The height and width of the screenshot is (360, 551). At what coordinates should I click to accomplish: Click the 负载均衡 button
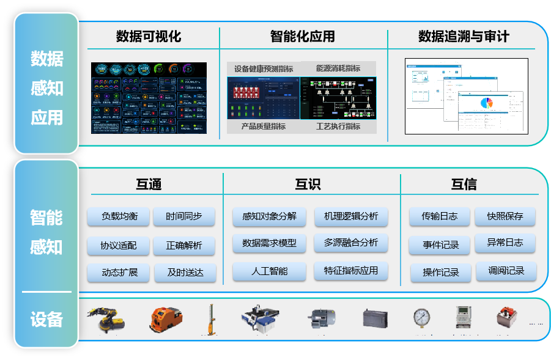120,216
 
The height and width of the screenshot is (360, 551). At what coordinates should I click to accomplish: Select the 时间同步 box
184,216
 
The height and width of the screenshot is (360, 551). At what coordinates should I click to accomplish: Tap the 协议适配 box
120,246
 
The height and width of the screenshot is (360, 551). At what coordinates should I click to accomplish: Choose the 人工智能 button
269,270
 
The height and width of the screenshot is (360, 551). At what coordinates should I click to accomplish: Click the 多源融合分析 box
351,243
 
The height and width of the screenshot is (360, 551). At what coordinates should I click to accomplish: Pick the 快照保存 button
505,216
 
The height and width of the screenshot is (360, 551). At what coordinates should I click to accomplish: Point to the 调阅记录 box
505,271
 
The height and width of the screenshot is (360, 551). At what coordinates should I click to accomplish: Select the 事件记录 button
440,246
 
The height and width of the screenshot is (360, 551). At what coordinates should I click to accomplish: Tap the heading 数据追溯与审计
464,37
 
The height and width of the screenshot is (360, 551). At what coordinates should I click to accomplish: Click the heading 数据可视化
149,37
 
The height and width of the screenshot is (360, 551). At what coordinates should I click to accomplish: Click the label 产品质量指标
263,127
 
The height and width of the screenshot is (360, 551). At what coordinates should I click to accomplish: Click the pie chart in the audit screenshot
486,102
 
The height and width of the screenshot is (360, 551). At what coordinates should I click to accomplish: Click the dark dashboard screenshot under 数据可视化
149,98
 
